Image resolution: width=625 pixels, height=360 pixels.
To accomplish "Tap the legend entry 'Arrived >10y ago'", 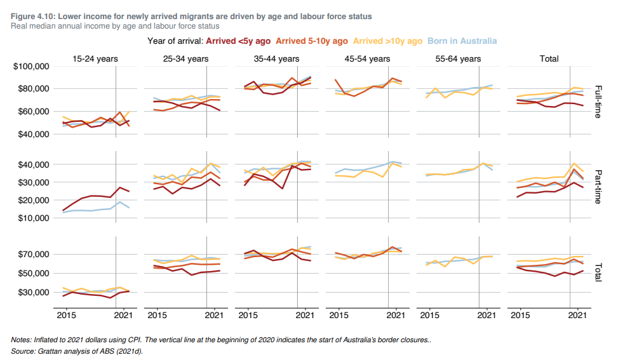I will click(x=387, y=41).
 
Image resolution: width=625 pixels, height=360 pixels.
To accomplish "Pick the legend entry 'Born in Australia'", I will click(x=462, y=41).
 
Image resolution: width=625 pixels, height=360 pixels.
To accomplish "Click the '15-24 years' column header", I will click(x=95, y=59).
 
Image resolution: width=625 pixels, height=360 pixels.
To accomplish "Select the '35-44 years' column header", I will click(x=276, y=59).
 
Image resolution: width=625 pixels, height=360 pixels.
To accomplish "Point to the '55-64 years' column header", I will click(x=458, y=59).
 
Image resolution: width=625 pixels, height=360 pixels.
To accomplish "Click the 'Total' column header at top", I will click(x=549, y=59).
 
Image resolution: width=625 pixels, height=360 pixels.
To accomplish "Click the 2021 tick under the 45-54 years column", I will click(x=396, y=315).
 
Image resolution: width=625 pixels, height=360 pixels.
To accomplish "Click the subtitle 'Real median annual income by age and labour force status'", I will click(x=115, y=26).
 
